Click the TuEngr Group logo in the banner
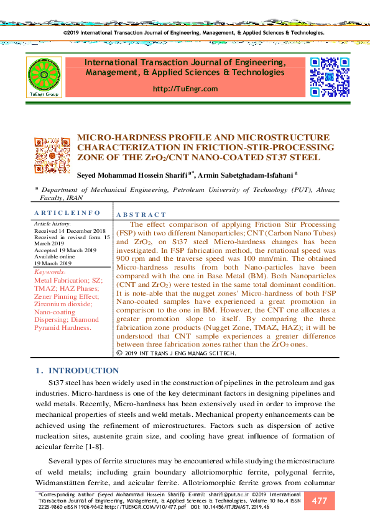(x=43, y=77)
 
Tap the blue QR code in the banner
(x=330, y=76)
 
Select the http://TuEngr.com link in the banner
(x=185, y=89)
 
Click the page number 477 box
(x=320, y=501)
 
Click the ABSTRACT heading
(x=141, y=214)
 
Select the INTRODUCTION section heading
(x=83, y=371)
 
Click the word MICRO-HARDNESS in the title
(x=115, y=137)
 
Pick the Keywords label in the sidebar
(x=49, y=272)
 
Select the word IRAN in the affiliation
(x=74, y=198)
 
